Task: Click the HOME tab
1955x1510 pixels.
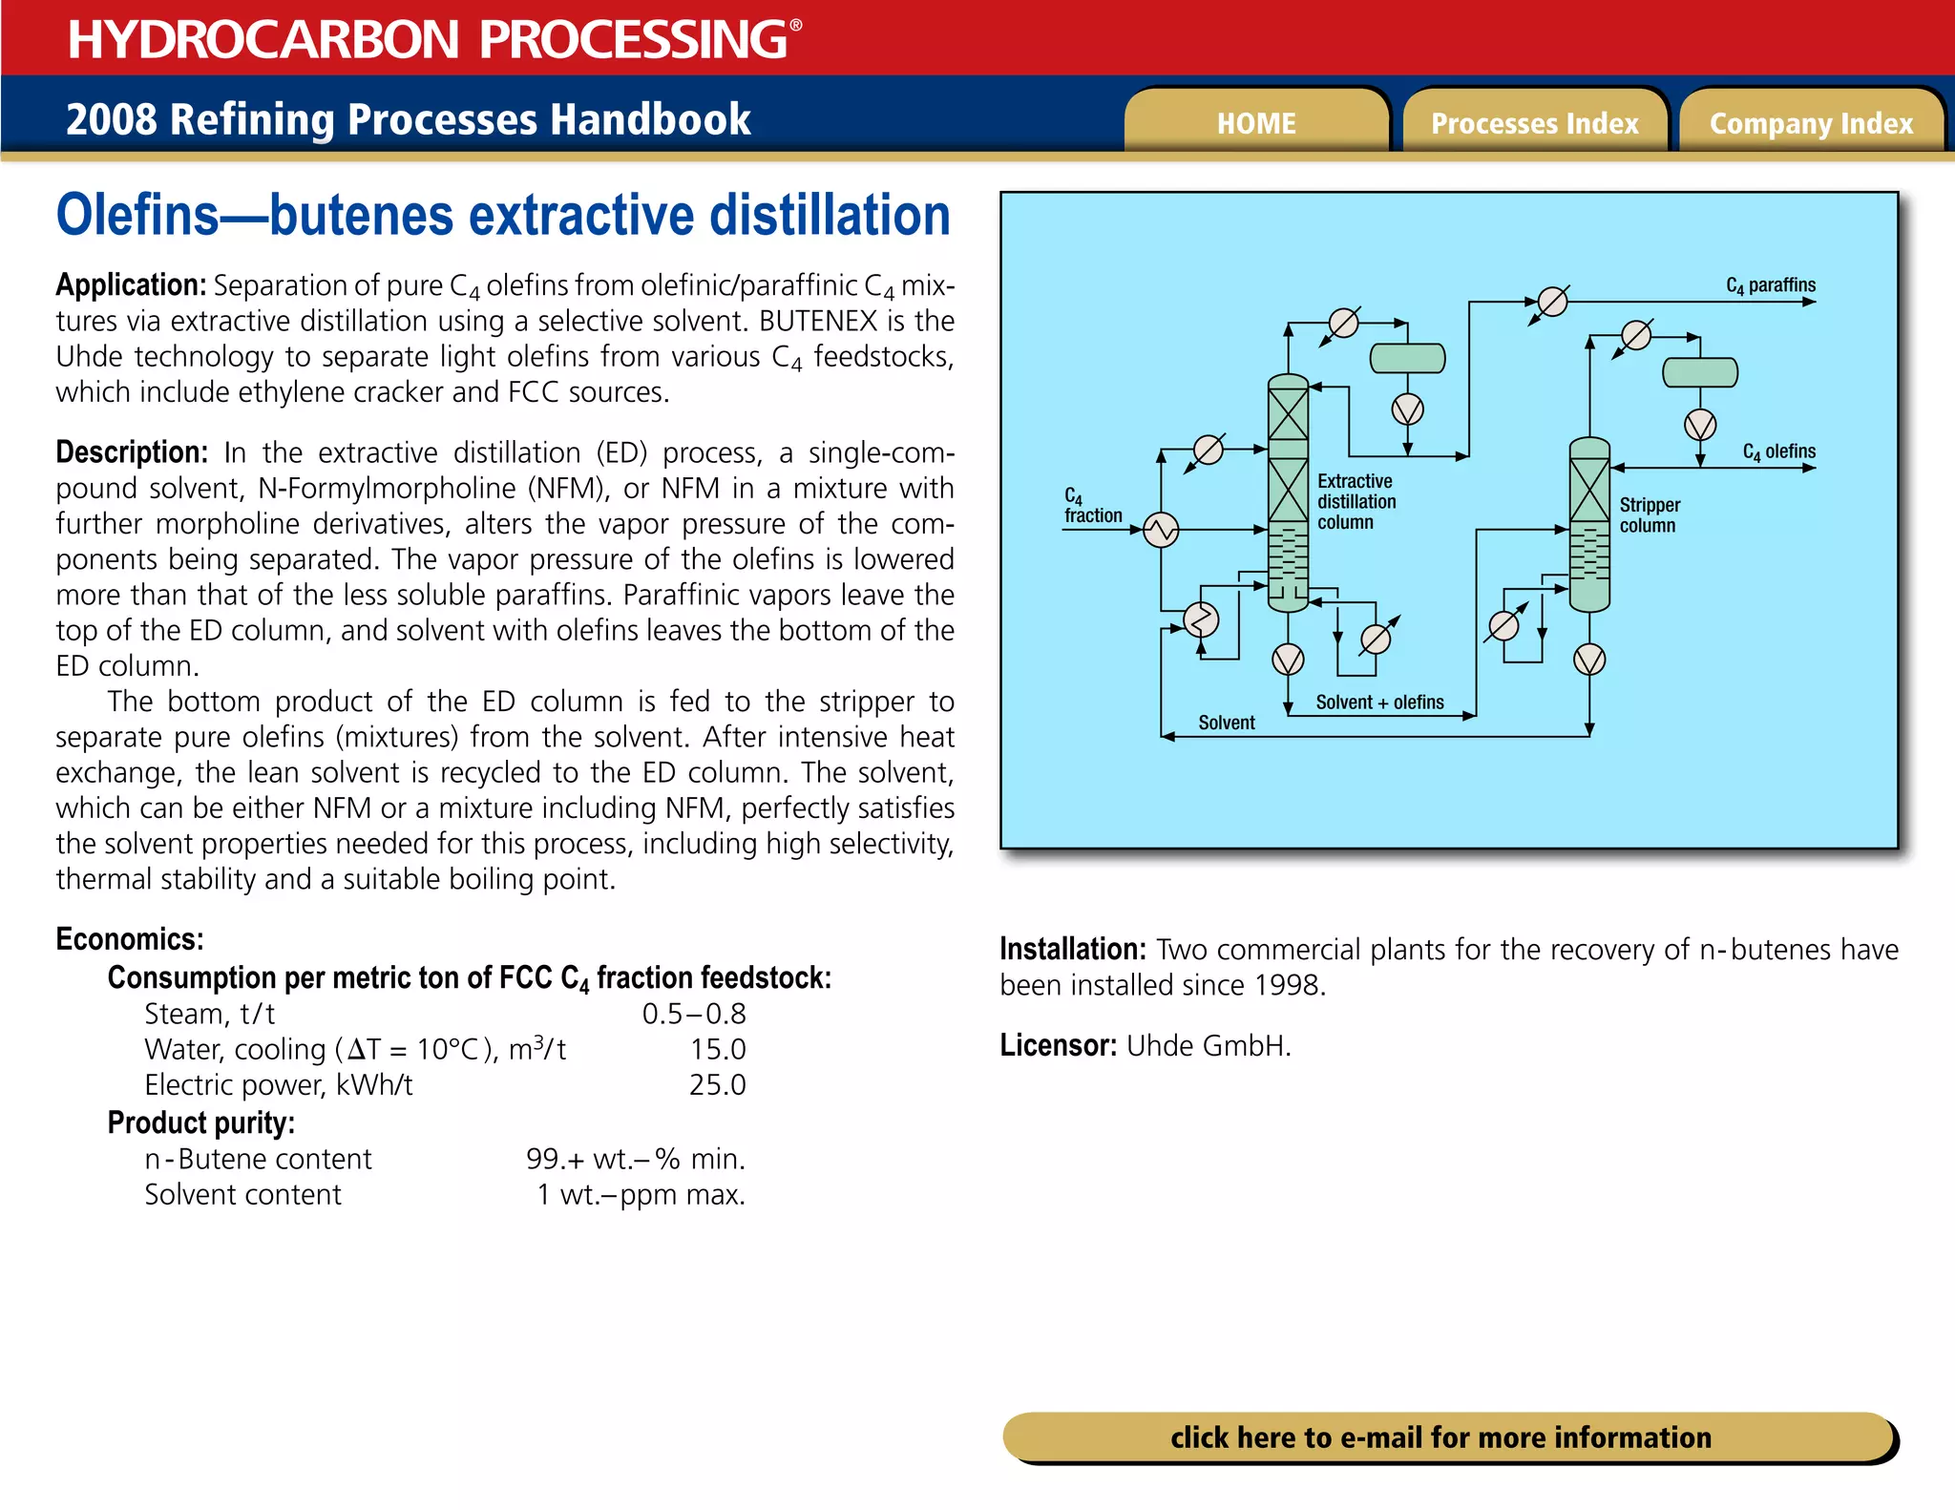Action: pyautogui.click(x=1256, y=123)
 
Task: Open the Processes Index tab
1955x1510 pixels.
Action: pyautogui.click(x=1534, y=123)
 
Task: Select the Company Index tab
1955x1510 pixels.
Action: pyautogui.click(x=1811, y=123)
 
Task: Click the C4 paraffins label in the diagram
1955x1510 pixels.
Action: pyautogui.click(x=1770, y=285)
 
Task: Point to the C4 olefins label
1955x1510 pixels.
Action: pyautogui.click(x=1778, y=451)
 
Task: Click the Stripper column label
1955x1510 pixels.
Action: pyautogui.click(x=1649, y=515)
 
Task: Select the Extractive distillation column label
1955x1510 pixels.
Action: pyautogui.click(x=1356, y=502)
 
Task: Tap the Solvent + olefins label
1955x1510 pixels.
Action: pyautogui.click(x=1379, y=703)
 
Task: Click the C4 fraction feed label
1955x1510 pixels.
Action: pyautogui.click(x=1092, y=507)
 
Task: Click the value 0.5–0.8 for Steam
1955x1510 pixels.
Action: pyautogui.click(x=694, y=1014)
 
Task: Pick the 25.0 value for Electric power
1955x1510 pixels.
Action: pyautogui.click(x=717, y=1085)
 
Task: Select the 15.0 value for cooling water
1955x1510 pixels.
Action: pyautogui.click(x=717, y=1050)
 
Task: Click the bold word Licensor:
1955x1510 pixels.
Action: pyautogui.click(x=1058, y=1046)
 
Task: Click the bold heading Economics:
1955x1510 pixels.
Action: pyautogui.click(x=130, y=939)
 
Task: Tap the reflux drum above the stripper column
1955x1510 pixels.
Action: pyautogui.click(x=1699, y=372)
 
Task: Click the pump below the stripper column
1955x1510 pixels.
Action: pyautogui.click(x=1589, y=660)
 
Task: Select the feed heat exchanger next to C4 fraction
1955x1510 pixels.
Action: pyautogui.click(x=1161, y=529)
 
